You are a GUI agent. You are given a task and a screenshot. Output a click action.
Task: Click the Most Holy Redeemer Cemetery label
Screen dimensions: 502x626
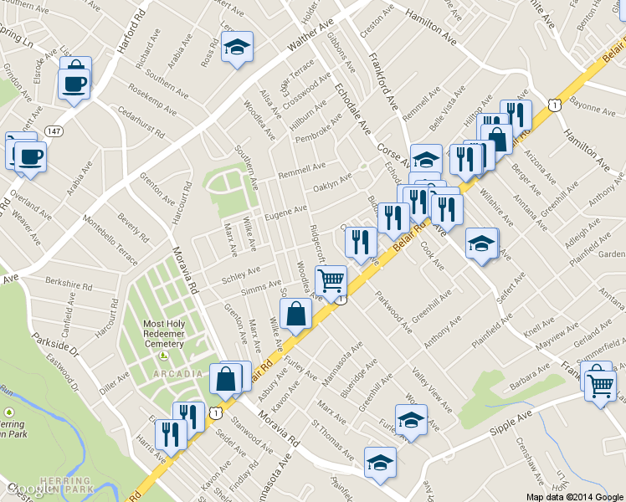[x=163, y=334]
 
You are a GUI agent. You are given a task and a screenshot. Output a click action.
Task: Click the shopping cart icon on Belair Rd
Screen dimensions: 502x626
[x=331, y=281]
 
